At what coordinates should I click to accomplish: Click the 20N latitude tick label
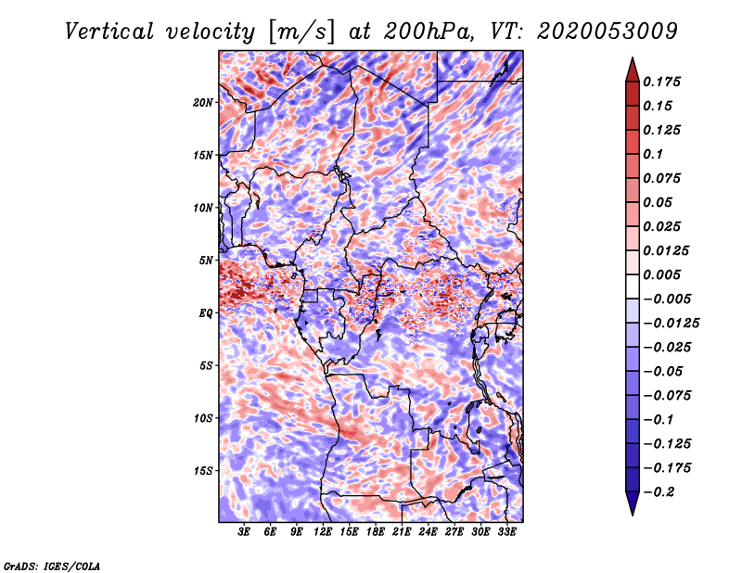pyautogui.click(x=203, y=102)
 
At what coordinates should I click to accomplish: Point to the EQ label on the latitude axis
pyautogui.click(x=206, y=313)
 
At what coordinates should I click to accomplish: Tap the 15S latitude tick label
pyautogui.click(x=203, y=471)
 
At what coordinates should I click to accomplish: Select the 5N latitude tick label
pyautogui.click(x=206, y=261)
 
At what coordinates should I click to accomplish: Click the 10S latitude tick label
pyautogui.click(x=203, y=418)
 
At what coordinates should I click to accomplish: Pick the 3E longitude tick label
pyautogui.click(x=245, y=531)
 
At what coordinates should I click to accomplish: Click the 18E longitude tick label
pyautogui.click(x=376, y=531)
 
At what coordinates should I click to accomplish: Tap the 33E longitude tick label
pyautogui.click(x=506, y=531)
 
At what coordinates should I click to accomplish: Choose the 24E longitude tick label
pyautogui.click(x=428, y=531)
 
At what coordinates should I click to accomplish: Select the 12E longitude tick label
pyautogui.click(x=323, y=531)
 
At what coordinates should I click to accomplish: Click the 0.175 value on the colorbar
pyautogui.click(x=664, y=83)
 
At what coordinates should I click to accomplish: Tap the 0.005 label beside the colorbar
pyautogui.click(x=664, y=275)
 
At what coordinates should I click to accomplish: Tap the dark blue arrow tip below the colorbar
pyautogui.click(x=631, y=509)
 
